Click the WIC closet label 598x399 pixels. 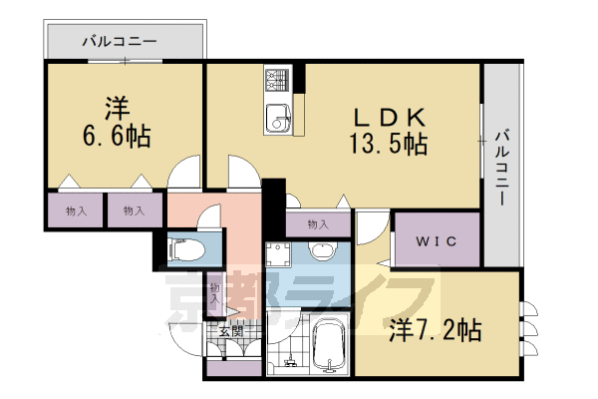pyautogui.click(x=436, y=240)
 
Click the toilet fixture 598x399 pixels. pyautogui.click(x=186, y=249)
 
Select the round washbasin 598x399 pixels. pyautogui.click(x=322, y=250)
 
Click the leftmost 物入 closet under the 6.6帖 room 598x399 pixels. pyautogui.click(x=76, y=210)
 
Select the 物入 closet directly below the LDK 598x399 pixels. pyautogui.click(x=318, y=224)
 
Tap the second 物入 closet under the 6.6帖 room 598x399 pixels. pyautogui.click(x=132, y=210)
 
